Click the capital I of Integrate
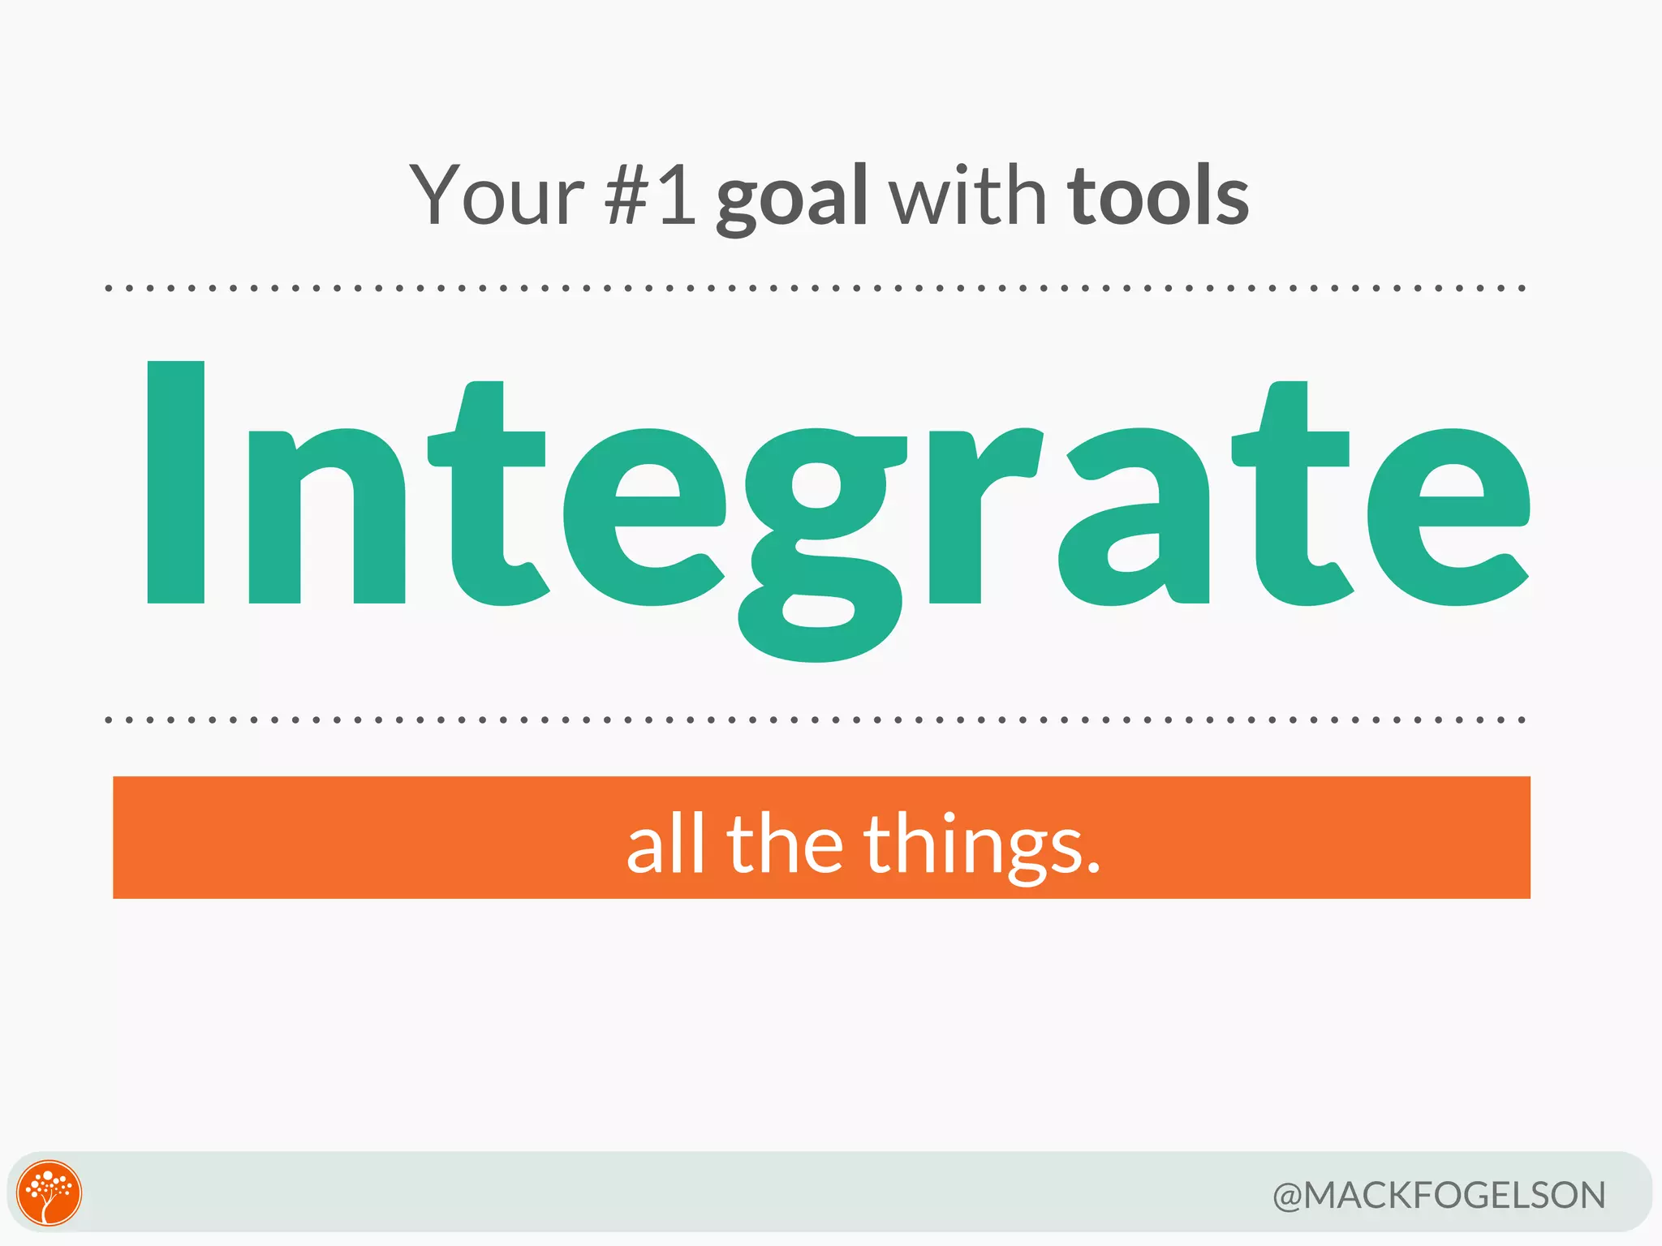(x=175, y=482)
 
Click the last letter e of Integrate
(x=1449, y=518)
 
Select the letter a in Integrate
(x=1135, y=518)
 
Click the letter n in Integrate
(x=326, y=516)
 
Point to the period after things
(x=1092, y=869)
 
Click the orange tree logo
(x=50, y=1192)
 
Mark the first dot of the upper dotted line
(x=109, y=288)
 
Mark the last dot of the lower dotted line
(x=1522, y=720)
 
